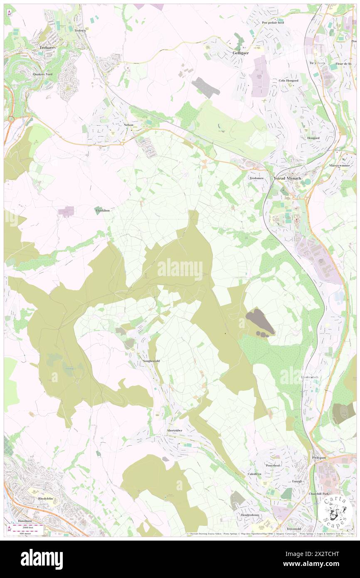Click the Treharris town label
pyautogui.click(x=47, y=48)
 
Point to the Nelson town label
pyautogui.click(x=128, y=125)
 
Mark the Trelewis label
pyautogui.click(x=79, y=31)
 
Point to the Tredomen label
pyautogui.click(x=256, y=178)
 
